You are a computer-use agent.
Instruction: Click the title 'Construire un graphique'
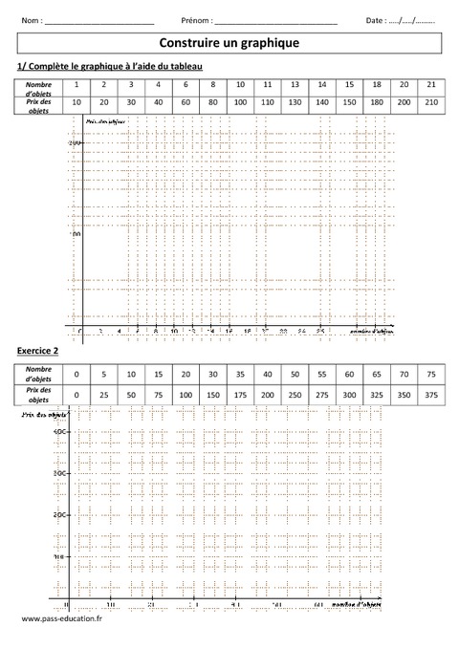(229, 43)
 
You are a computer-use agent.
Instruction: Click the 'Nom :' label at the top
(32, 20)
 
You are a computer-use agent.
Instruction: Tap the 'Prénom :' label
(197, 20)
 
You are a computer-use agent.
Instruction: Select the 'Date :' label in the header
(377, 20)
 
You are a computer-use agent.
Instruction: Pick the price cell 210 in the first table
(431, 101)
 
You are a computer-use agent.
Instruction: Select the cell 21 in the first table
(431, 84)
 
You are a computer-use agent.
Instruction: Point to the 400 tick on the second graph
(58, 432)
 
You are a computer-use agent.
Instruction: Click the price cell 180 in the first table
(377, 101)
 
